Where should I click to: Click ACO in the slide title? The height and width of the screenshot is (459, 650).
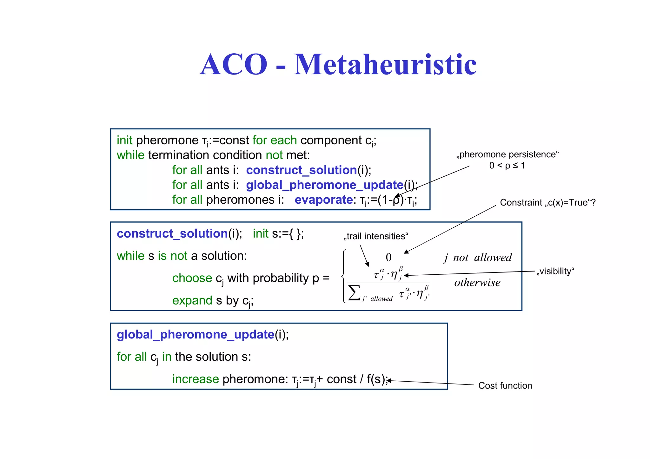[234, 65]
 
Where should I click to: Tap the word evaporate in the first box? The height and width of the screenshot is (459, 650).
[323, 200]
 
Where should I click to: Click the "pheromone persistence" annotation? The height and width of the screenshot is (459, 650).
[507, 154]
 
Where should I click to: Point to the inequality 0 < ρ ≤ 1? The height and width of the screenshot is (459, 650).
[507, 166]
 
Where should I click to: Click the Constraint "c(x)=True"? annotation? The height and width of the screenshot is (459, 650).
[547, 202]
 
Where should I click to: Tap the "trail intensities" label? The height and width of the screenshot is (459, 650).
[376, 236]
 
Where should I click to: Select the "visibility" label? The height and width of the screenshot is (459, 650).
[555, 271]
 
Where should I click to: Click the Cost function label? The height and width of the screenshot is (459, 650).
[505, 385]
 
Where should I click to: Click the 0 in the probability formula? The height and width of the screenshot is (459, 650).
[388, 257]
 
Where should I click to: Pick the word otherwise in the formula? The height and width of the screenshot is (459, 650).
[477, 282]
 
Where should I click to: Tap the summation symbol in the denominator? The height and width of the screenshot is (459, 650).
[354, 292]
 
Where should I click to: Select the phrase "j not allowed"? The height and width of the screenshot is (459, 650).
[478, 258]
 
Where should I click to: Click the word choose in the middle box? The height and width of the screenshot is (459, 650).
[192, 278]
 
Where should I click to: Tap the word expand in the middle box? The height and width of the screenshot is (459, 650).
[192, 300]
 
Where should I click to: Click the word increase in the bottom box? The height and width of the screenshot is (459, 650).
[196, 379]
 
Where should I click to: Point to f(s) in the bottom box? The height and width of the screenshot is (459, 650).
[376, 379]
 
